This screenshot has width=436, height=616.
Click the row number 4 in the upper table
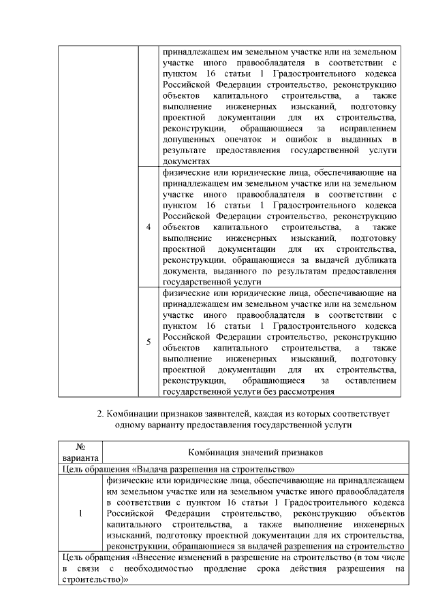click(x=148, y=227)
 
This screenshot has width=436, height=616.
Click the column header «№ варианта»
click(x=80, y=453)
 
